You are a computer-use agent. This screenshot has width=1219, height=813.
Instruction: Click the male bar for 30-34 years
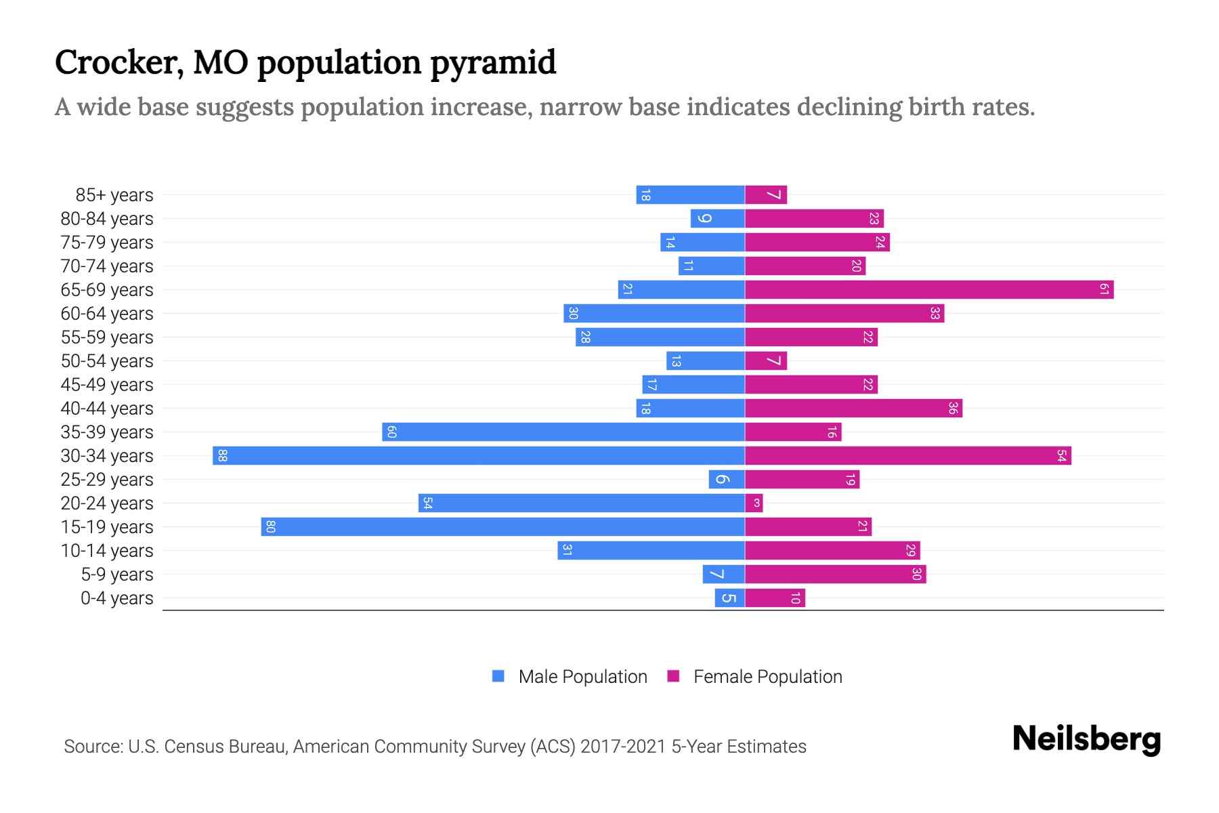pyautogui.click(x=479, y=455)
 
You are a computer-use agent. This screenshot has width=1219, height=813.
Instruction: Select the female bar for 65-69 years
pyautogui.click(x=929, y=289)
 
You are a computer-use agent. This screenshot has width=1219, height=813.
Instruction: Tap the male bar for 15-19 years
pyautogui.click(x=502, y=526)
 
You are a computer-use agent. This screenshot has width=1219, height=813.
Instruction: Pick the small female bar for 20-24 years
pyautogui.click(x=754, y=503)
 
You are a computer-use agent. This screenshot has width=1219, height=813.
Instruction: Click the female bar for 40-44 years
pyautogui.click(x=853, y=408)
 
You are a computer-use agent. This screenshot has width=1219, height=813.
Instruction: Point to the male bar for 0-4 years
pyautogui.click(x=730, y=598)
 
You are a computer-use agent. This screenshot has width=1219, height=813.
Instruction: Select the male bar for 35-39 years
pyautogui.click(x=563, y=432)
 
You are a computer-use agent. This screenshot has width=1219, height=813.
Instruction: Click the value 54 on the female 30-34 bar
pyautogui.click(x=1061, y=455)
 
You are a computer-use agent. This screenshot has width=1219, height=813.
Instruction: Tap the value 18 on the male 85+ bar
pyautogui.click(x=645, y=195)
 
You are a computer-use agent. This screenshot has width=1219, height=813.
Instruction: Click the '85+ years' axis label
pyautogui.click(x=114, y=195)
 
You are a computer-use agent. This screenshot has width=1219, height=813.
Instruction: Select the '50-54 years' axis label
pyautogui.click(x=107, y=361)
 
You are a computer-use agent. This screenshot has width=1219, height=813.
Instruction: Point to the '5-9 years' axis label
pyautogui.click(x=116, y=575)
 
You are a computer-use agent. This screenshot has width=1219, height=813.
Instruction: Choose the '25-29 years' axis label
pyautogui.click(x=107, y=480)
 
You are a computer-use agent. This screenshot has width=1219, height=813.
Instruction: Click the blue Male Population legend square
pyautogui.click(x=498, y=676)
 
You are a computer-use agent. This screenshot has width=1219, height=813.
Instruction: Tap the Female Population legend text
pyautogui.click(x=767, y=677)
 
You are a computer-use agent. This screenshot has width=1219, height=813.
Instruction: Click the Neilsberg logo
pyautogui.click(x=1086, y=738)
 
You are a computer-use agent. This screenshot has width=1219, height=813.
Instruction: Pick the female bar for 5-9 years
pyautogui.click(x=835, y=574)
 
